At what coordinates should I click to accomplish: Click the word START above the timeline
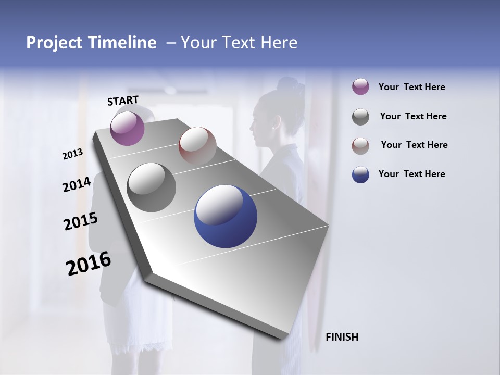(x=123, y=101)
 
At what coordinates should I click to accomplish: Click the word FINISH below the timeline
(x=342, y=337)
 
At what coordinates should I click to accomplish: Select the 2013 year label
(x=72, y=154)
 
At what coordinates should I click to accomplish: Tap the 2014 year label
(x=77, y=184)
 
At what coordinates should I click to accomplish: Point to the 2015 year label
(x=80, y=221)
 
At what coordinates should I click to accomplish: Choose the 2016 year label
(x=89, y=263)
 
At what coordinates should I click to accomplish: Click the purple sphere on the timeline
(x=127, y=128)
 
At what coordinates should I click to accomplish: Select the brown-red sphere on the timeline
(x=197, y=145)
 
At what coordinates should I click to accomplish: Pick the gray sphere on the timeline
(x=151, y=187)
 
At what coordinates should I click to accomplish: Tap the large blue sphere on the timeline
(x=226, y=216)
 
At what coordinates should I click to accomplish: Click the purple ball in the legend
(x=360, y=86)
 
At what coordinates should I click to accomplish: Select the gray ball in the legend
(x=360, y=117)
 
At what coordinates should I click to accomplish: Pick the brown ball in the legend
(x=360, y=146)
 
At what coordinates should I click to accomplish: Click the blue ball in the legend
(x=360, y=174)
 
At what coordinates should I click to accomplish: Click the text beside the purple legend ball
(x=411, y=87)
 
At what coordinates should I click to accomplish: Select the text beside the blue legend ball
(x=411, y=174)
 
